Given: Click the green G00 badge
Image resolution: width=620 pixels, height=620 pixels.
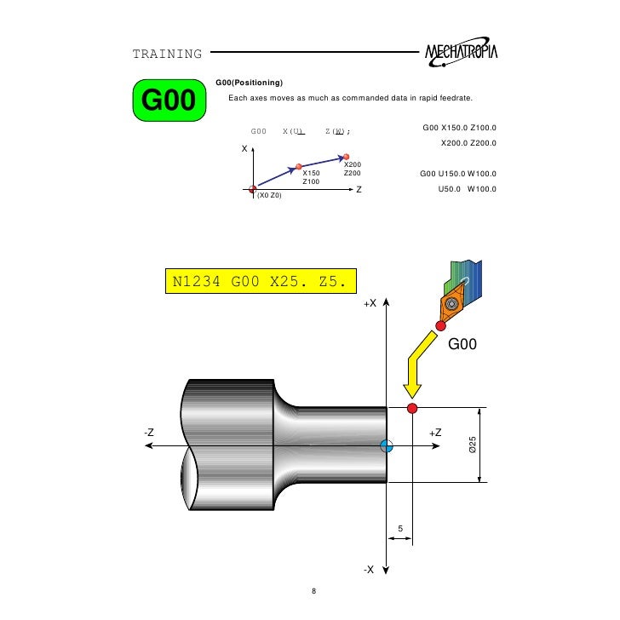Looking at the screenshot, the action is (169, 100).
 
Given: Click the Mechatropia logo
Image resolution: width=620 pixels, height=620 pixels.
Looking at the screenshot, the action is (461, 52).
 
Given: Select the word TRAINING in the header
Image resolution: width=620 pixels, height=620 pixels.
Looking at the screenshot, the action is (167, 54).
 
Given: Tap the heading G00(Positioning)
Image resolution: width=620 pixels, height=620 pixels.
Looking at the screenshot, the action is (249, 83).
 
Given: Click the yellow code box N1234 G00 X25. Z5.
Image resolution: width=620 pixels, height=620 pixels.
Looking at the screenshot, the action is (261, 281).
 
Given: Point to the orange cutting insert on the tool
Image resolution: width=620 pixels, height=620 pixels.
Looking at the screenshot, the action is (452, 304).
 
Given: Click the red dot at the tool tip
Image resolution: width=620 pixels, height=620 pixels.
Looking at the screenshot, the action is (441, 326).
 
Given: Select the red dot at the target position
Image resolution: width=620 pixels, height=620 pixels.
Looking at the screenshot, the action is (412, 408).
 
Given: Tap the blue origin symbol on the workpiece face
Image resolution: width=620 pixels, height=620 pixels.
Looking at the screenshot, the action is (387, 446).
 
